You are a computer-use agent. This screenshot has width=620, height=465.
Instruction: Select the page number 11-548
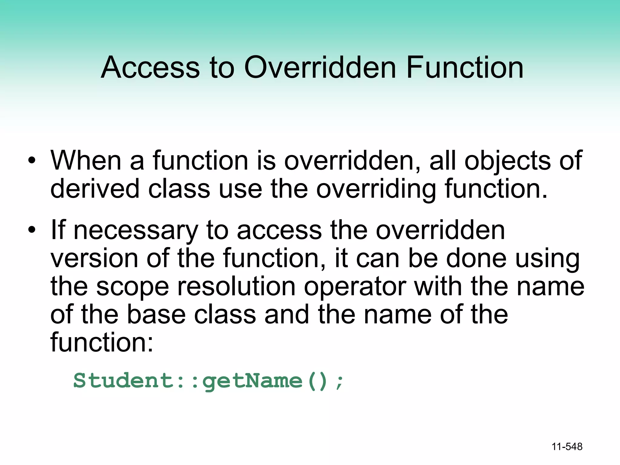tap(567, 447)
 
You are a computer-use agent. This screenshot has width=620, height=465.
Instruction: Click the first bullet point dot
tap(31, 161)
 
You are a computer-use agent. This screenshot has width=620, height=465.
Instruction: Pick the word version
tap(94, 258)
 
